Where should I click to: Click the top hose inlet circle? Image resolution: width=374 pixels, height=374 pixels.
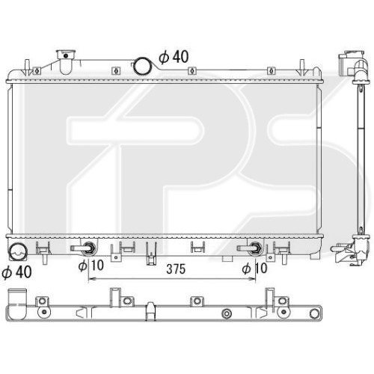(143, 67)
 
